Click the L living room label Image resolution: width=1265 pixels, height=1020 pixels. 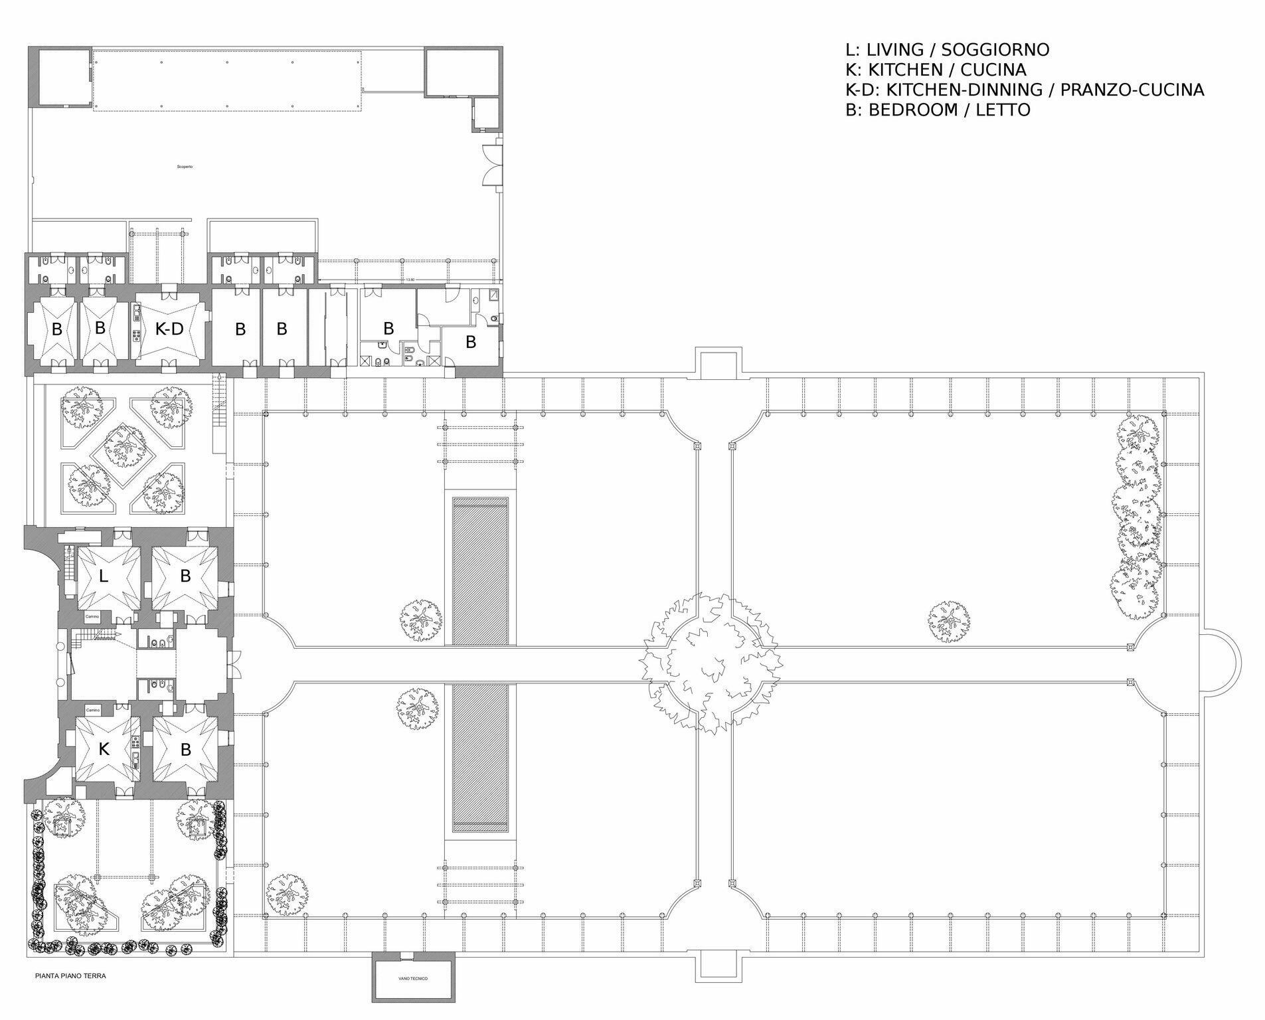103,576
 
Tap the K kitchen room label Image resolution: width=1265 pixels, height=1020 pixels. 104,750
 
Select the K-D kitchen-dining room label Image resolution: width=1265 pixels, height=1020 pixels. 169,329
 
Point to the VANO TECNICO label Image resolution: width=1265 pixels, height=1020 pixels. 413,979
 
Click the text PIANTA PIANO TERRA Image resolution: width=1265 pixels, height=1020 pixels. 70,976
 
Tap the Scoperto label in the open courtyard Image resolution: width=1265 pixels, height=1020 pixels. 185,167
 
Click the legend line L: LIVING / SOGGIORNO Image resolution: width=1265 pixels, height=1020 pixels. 947,50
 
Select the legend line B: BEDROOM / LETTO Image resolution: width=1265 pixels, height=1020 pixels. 938,110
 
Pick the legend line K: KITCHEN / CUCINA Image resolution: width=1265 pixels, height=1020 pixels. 936,70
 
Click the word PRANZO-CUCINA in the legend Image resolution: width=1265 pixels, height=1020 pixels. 1132,90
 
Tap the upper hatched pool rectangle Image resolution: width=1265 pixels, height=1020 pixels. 480,571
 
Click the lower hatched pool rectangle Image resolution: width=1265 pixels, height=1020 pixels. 480,757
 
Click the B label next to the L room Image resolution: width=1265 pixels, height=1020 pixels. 185,576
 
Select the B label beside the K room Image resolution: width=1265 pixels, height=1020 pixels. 185,750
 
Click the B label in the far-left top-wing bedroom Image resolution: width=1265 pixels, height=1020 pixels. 57,329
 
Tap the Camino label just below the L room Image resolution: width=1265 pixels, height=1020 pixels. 92,617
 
